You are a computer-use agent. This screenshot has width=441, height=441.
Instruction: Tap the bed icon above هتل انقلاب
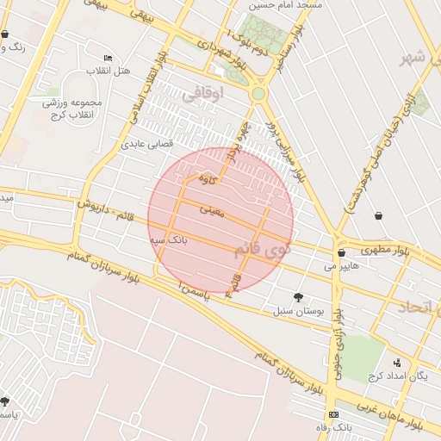coord(108,58)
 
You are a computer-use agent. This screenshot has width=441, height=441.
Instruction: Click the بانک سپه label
coord(169,238)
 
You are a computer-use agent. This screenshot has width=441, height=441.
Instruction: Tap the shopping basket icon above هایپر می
coord(343,253)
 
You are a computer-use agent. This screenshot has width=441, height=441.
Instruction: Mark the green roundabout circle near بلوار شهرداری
coord(258,93)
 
